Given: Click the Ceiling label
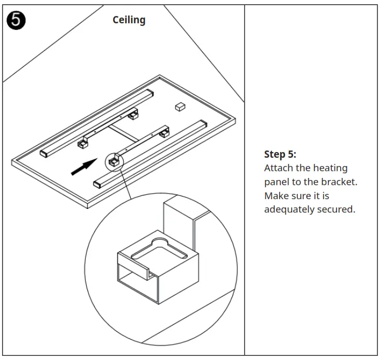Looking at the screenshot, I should click(x=129, y=20).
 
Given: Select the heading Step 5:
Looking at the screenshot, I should click(x=280, y=154).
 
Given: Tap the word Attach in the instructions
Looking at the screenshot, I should click(x=278, y=168).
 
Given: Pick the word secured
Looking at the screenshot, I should click(x=338, y=209).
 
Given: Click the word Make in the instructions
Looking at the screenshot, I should click(x=276, y=196).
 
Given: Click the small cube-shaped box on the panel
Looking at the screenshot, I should click(x=180, y=106).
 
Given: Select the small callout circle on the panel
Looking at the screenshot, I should click(x=114, y=161).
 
